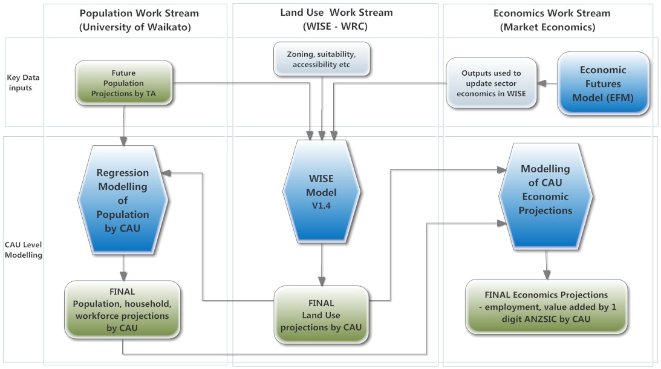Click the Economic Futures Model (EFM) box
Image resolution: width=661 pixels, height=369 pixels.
[x=602, y=83]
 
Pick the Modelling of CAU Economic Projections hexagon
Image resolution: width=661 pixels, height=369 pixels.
[x=545, y=190]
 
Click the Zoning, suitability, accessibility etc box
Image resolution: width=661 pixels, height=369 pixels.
[x=322, y=59]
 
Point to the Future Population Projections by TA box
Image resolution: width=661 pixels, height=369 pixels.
[x=123, y=83]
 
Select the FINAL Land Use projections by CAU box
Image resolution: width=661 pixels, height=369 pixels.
[x=322, y=315]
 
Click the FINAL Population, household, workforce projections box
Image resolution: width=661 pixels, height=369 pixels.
[x=123, y=310]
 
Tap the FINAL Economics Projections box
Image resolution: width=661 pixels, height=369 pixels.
[x=545, y=306]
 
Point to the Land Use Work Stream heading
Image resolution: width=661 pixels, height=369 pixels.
[x=336, y=19]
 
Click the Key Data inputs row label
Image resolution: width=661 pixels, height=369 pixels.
[x=22, y=83]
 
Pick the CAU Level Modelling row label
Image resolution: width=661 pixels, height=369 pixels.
[x=22, y=249]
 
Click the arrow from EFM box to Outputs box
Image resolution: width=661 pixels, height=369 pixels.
[x=547, y=83]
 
